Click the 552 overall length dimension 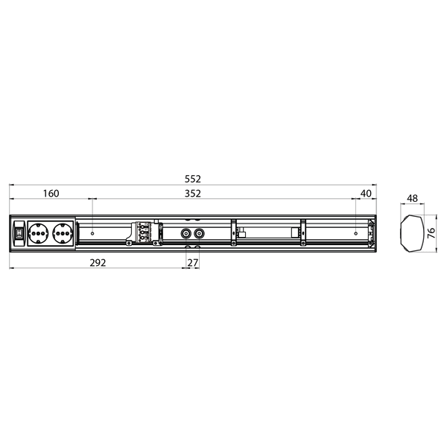click(194, 180)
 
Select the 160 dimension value click(51, 194)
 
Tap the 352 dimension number click(193, 194)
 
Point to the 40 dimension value click(365, 194)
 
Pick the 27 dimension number click(193, 262)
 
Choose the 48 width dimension click(411, 199)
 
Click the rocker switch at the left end click(18, 234)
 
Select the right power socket click(62, 234)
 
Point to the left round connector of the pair click(186, 233)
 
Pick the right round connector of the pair click(199, 233)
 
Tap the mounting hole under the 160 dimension click(92, 234)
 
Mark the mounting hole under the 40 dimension click(356, 234)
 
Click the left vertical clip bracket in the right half click(233, 232)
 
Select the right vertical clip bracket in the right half click(303, 232)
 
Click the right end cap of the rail click(374, 234)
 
